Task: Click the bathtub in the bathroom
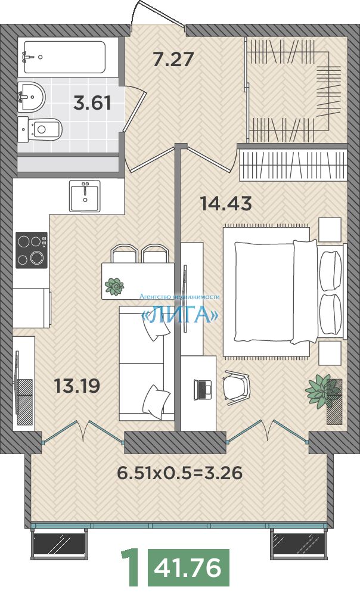point(64,57)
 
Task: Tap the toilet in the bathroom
point(40,129)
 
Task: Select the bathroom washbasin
point(32,97)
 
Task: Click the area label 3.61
point(92,103)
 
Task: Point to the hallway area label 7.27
point(173,59)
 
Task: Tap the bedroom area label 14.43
point(226,204)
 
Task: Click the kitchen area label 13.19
point(77,386)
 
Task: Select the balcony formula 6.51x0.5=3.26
point(180,473)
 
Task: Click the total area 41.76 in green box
point(188,568)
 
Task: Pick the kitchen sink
point(85,195)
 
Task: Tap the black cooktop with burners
point(32,250)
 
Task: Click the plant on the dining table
point(114,286)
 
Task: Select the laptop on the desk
point(203,389)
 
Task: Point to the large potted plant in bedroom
point(322,392)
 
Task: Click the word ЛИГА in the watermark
point(180,314)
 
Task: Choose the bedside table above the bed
point(330,229)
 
